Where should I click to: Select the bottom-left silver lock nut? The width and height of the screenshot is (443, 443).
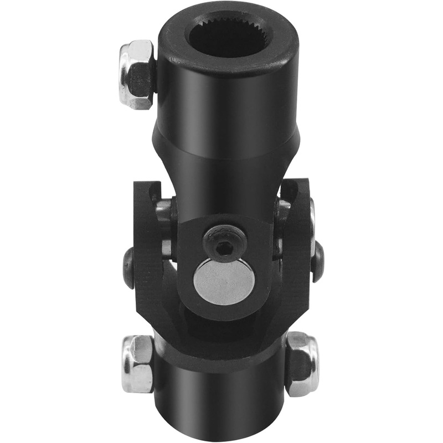point(137,363)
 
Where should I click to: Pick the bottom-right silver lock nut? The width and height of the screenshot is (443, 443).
point(302,363)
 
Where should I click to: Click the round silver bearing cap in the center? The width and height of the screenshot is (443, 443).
point(224,281)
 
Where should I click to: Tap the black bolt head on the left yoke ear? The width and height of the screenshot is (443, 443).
point(128,268)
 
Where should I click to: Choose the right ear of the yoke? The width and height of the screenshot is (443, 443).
point(299,244)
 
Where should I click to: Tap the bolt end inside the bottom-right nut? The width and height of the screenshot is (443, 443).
point(299,365)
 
